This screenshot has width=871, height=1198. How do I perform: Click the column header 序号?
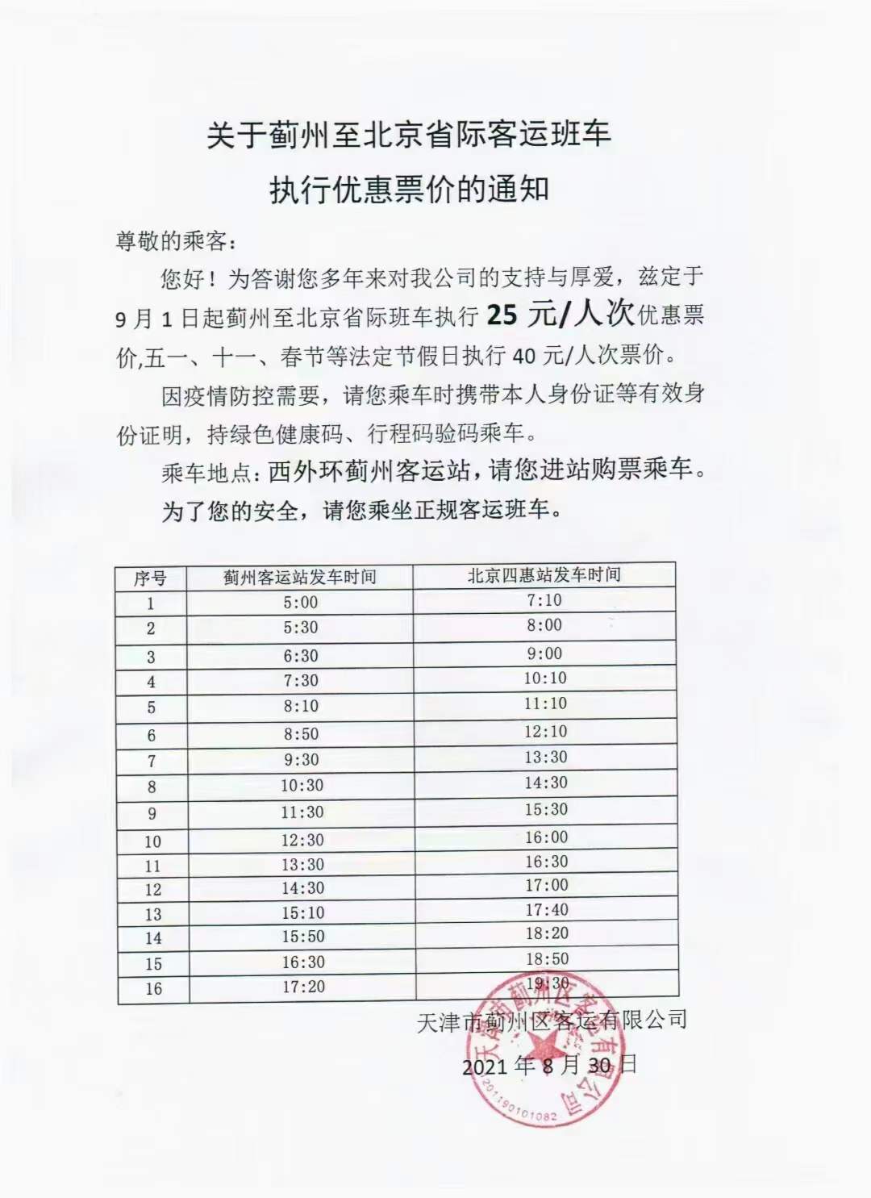tap(150, 578)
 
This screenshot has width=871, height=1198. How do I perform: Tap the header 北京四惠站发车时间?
tap(544, 575)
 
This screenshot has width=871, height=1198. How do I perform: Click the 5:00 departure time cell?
tap(300, 603)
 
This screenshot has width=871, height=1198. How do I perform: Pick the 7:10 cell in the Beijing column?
tap(544, 600)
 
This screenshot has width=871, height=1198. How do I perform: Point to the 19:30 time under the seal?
tap(548, 983)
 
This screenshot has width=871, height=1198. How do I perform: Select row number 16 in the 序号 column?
tap(153, 988)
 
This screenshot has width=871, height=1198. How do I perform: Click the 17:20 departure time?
tap(303, 986)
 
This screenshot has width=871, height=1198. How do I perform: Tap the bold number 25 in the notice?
tap(502, 315)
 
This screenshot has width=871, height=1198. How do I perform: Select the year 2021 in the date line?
tap(485, 1067)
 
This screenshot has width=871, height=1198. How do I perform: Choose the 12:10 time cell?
tap(546, 732)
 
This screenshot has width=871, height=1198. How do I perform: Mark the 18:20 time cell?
tap(547, 933)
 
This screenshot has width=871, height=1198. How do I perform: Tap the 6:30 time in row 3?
tap(301, 656)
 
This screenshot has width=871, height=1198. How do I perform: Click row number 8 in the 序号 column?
tap(152, 787)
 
